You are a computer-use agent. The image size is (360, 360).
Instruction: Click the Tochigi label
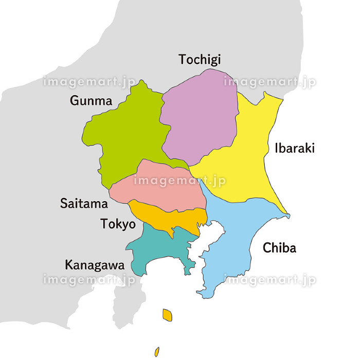coord(200,60)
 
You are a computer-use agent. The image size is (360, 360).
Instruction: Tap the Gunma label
coord(91,101)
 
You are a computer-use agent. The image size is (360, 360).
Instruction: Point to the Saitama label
coord(84,204)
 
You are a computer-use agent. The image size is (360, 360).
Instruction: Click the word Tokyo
coord(118,224)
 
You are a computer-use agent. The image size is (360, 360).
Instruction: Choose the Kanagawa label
coord(94,265)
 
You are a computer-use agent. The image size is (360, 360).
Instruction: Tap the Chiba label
coord(279,248)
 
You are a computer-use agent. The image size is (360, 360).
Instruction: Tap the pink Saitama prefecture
coord(159,188)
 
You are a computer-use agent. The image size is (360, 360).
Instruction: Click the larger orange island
coord(167,314)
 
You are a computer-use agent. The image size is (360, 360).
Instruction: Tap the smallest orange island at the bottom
coord(157,352)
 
